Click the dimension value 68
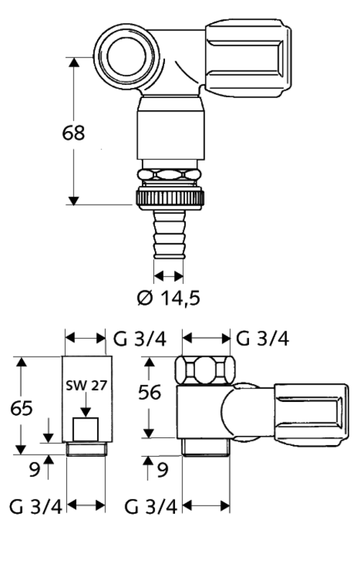[x=73, y=133]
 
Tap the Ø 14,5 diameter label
[x=168, y=298]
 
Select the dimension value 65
[x=22, y=408]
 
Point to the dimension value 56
[x=149, y=393]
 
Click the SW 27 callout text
[x=86, y=385]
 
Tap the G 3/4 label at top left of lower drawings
[x=140, y=339]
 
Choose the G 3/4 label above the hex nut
[x=262, y=339]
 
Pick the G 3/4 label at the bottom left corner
[x=35, y=506]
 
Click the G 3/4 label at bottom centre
[x=150, y=506]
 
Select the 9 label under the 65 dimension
[x=35, y=470]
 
